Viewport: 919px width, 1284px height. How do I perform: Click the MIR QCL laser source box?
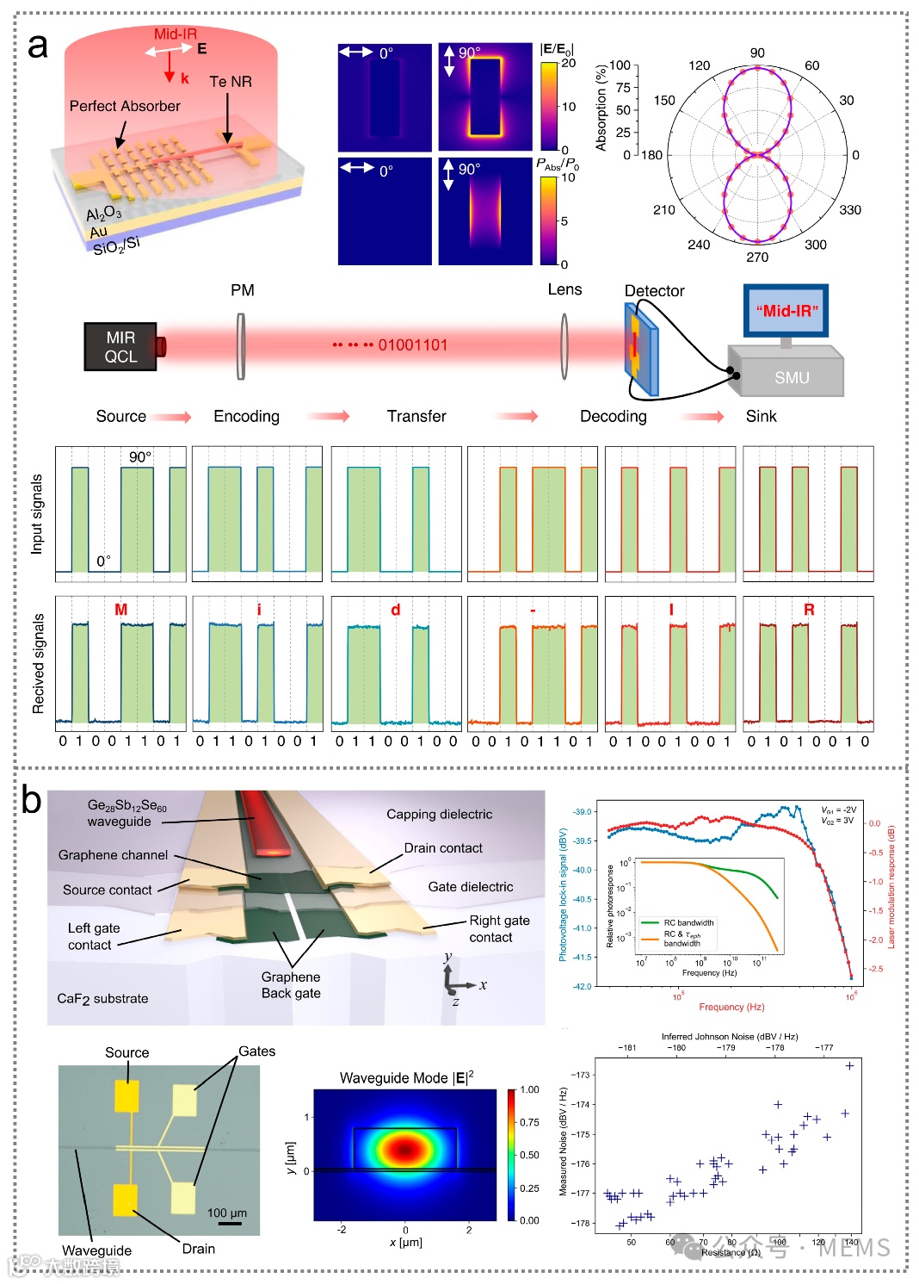[x=120, y=346]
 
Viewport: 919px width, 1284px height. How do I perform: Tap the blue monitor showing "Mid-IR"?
[x=786, y=311]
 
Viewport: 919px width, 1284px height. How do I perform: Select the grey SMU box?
[x=791, y=377]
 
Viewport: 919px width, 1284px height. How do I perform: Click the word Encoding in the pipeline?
[x=246, y=417]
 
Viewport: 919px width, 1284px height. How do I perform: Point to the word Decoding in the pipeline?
[x=613, y=417]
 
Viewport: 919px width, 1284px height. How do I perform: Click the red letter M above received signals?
[x=120, y=610]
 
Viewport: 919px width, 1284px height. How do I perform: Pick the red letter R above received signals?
[x=808, y=610]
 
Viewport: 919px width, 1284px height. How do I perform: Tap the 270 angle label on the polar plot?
[x=757, y=257]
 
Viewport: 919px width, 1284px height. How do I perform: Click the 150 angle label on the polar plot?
[x=664, y=100]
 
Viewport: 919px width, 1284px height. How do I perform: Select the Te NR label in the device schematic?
[x=231, y=82]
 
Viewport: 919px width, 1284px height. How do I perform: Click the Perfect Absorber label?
[x=125, y=106]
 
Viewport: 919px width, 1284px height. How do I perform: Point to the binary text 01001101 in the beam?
[x=413, y=345]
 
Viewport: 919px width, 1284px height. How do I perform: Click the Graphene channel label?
[x=113, y=855]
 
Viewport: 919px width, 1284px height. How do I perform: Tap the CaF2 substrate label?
[x=102, y=999]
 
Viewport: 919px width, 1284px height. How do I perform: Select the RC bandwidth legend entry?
[x=688, y=922]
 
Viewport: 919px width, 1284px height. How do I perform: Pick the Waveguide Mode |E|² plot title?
[x=406, y=1078]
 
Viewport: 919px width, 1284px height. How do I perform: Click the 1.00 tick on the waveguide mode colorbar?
[x=529, y=1089]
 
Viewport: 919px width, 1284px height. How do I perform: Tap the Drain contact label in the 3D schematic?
[x=443, y=848]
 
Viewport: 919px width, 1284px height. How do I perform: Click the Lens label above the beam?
[x=564, y=290]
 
